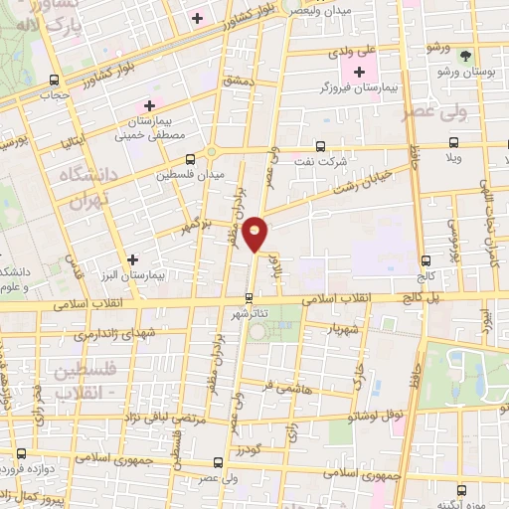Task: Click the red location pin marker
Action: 256,234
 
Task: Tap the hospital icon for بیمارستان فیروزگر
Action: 359,72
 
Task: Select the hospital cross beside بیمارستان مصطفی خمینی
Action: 150,105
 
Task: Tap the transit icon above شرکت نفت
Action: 319,144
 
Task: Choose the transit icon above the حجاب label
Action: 54,81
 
